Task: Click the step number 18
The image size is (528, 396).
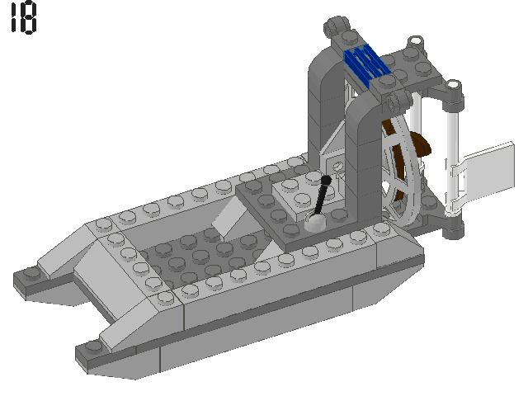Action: tap(23, 19)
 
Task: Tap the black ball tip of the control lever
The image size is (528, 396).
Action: tap(327, 179)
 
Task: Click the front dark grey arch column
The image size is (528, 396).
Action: tap(363, 165)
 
